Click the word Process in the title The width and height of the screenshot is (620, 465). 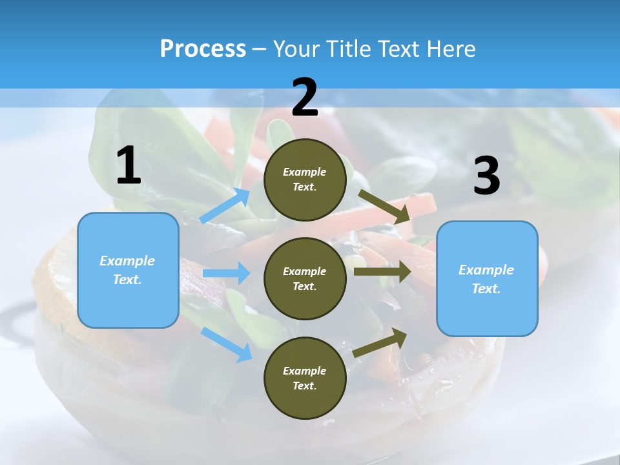point(203,49)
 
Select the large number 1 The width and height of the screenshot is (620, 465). point(129,166)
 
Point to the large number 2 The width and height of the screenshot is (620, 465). point(305,98)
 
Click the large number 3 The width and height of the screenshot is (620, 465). point(486,176)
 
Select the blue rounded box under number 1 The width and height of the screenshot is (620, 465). point(128,270)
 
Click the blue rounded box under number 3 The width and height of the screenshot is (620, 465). point(487,278)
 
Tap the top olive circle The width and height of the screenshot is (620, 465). point(305,180)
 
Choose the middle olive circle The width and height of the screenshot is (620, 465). point(305,278)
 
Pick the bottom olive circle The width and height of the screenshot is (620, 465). point(305,378)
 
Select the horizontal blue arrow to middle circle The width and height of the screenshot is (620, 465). point(227,273)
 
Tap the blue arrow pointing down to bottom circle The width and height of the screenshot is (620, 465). point(227,344)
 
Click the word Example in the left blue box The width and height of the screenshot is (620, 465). point(127,261)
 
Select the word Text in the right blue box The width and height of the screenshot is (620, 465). point(485,289)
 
